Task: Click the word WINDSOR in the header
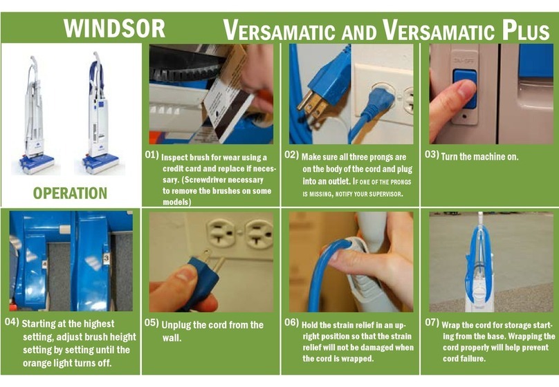click(x=114, y=28)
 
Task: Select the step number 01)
click(x=152, y=155)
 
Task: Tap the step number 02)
click(x=291, y=155)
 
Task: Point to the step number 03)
click(x=432, y=155)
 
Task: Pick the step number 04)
click(x=12, y=323)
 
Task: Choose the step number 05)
click(x=152, y=323)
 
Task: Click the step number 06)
click(x=291, y=323)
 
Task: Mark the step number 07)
click(x=432, y=323)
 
